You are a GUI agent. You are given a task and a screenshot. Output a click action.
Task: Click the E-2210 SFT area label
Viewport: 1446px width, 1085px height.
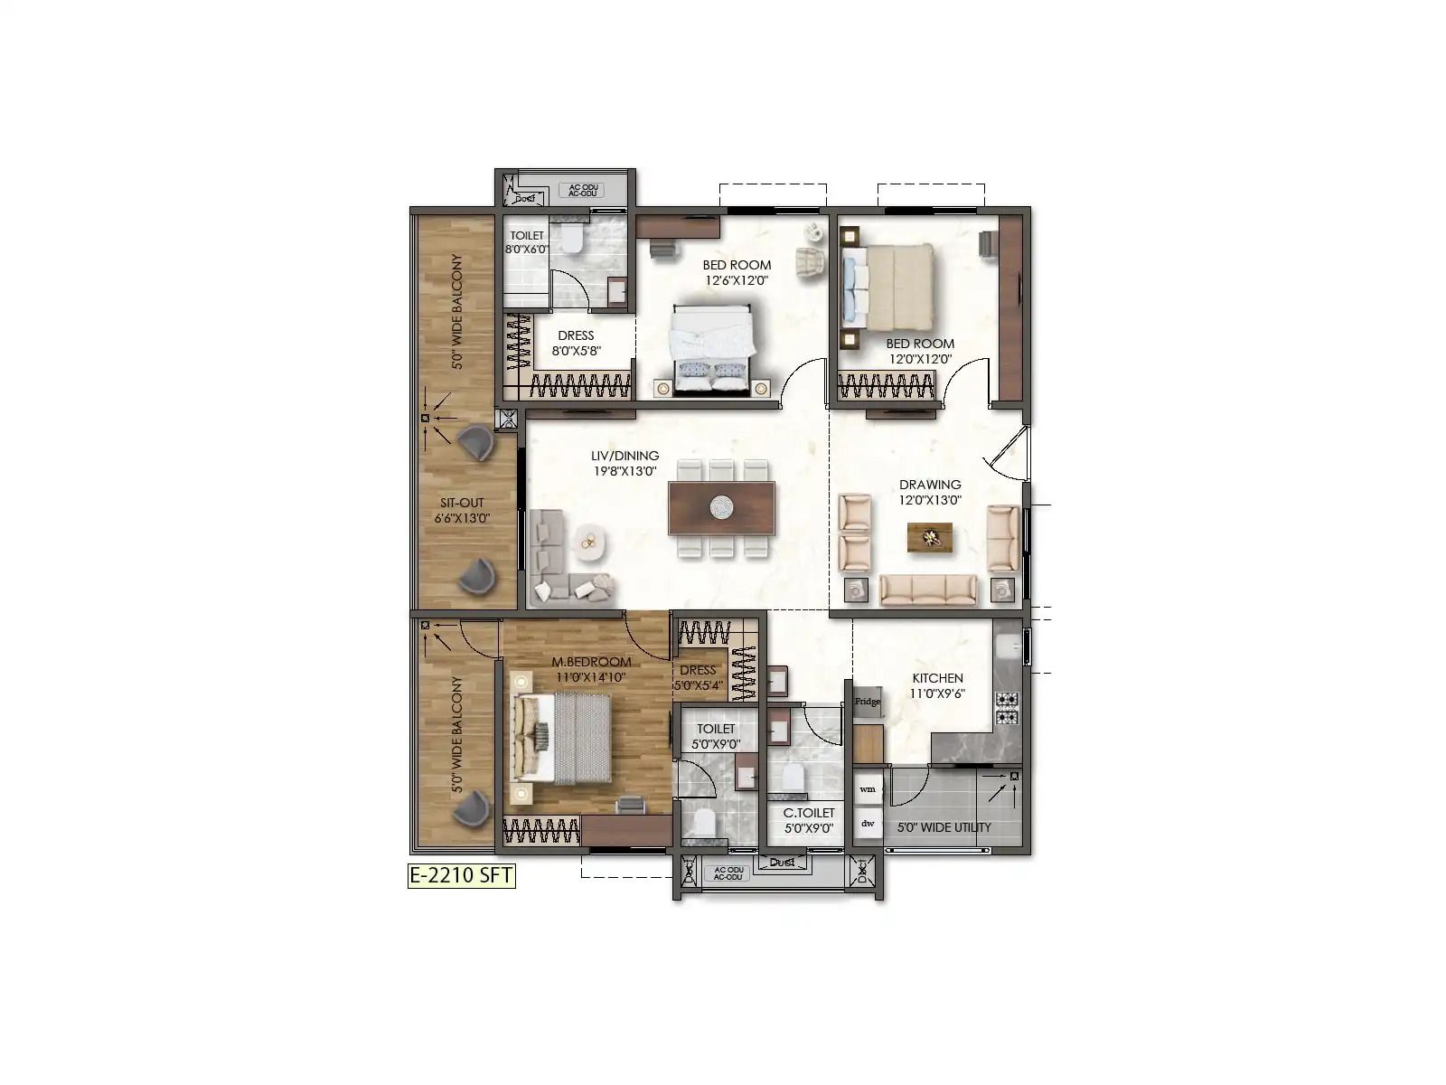tap(461, 875)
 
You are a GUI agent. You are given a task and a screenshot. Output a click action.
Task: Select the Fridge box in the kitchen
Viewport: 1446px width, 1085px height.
tap(868, 702)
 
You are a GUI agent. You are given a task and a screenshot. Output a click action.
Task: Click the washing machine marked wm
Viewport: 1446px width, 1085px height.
tap(868, 788)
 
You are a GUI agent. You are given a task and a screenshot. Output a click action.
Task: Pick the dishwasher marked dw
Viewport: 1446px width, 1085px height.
tap(868, 824)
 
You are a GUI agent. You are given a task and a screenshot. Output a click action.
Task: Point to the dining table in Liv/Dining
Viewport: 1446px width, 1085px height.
tap(721, 508)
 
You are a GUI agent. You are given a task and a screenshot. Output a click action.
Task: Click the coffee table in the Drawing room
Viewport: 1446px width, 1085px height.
tap(929, 538)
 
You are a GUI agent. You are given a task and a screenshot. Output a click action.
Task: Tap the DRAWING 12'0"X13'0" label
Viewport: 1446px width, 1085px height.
tap(929, 492)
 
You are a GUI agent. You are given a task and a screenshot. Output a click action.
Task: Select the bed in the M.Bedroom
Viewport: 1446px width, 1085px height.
tap(562, 738)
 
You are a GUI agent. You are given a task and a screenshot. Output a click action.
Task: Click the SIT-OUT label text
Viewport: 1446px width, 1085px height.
tap(462, 510)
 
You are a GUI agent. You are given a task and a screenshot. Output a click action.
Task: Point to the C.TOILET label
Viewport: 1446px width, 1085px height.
tap(808, 820)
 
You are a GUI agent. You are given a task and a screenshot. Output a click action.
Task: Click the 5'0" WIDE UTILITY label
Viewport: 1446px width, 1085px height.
tap(944, 827)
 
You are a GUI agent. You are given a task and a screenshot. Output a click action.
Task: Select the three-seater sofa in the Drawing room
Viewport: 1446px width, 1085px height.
tap(927, 590)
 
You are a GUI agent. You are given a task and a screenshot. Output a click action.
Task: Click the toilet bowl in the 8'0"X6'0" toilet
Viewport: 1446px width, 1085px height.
tap(571, 241)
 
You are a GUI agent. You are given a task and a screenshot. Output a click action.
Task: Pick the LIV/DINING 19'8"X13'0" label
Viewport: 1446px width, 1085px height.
tap(624, 464)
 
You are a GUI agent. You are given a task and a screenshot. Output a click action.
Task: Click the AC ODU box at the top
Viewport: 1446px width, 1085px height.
tap(580, 190)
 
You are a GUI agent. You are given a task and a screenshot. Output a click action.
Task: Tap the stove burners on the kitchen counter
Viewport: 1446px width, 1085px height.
tap(1007, 709)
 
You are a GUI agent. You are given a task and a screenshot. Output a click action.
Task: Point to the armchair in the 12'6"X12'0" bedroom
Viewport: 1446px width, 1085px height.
tap(811, 262)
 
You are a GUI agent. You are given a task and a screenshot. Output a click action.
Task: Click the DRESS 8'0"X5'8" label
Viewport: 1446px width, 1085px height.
tap(576, 344)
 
